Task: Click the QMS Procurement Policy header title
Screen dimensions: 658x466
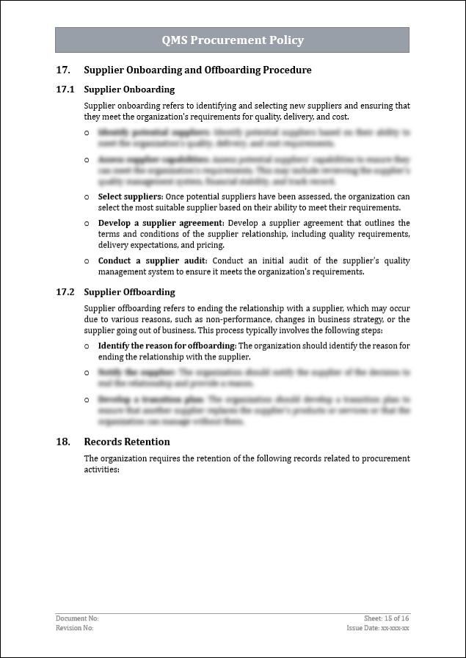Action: point(233,40)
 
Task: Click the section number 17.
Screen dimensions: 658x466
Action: point(63,70)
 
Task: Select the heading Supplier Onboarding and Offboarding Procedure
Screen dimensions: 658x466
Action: point(197,70)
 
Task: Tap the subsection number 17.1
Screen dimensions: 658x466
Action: point(65,89)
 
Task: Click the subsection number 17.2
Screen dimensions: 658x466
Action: point(65,292)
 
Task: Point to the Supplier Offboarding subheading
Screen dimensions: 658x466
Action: point(129,292)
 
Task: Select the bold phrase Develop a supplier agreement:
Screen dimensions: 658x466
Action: point(161,223)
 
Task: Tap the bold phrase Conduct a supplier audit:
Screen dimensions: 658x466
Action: point(153,261)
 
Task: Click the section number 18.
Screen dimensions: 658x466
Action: point(63,442)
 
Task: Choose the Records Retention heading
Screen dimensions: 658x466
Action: point(127,442)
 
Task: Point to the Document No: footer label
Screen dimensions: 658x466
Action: point(77,618)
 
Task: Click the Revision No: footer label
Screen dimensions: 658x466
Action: point(75,628)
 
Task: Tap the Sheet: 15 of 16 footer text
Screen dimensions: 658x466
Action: point(386,618)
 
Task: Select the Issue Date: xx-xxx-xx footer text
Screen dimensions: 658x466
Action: point(378,628)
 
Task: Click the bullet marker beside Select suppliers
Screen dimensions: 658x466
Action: point(87,197)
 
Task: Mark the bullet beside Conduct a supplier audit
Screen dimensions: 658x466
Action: point(87,261)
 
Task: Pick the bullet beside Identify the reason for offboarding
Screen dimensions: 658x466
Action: point(87,346)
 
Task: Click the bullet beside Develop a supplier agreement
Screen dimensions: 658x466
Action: point(87,223)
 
